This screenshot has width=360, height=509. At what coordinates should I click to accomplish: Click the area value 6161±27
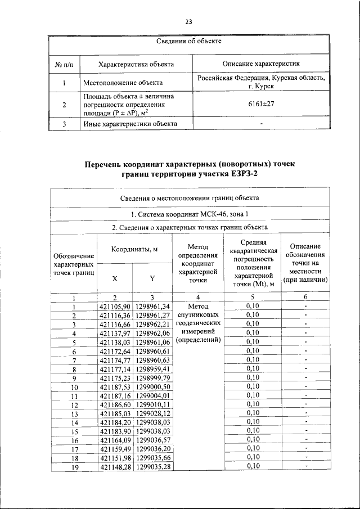click(261, 104)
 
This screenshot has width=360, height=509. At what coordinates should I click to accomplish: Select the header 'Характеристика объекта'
click(136, 64)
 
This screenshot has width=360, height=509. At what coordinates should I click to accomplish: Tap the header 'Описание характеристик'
click(261, 64)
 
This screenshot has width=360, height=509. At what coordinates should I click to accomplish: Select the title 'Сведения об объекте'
click(189, 42)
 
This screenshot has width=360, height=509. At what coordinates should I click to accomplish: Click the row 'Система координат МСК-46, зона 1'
click(189, 214)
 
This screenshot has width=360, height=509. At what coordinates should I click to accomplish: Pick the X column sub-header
click(115, 278)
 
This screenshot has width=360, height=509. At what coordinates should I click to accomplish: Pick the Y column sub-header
click(152, 278)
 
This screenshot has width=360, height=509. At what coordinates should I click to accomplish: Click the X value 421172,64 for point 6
click(115, 351)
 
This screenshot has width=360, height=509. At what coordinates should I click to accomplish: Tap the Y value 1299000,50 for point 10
click(152, 387)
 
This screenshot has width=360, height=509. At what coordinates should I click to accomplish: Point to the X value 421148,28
click(115, 466)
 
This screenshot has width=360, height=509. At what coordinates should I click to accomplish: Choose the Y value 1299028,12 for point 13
click(152, 413)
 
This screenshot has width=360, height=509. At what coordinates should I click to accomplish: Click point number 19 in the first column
click(73, 467)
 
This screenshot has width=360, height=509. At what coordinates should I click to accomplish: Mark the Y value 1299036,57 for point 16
click(152, 440)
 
